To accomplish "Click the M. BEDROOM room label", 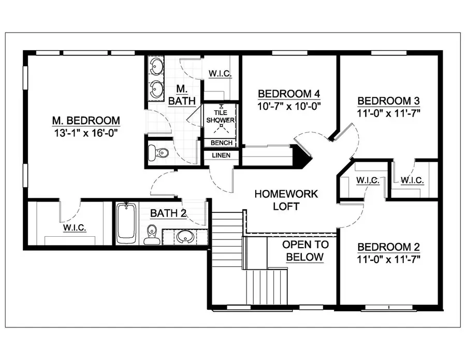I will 86,121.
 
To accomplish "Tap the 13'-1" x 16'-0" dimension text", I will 86,133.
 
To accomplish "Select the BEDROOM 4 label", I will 289,94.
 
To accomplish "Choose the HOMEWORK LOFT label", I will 286,200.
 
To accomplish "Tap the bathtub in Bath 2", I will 126,223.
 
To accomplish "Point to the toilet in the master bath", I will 158,152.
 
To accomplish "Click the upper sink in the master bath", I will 156,67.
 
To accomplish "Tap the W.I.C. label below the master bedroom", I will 75,228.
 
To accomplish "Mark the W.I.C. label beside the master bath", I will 220,74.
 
